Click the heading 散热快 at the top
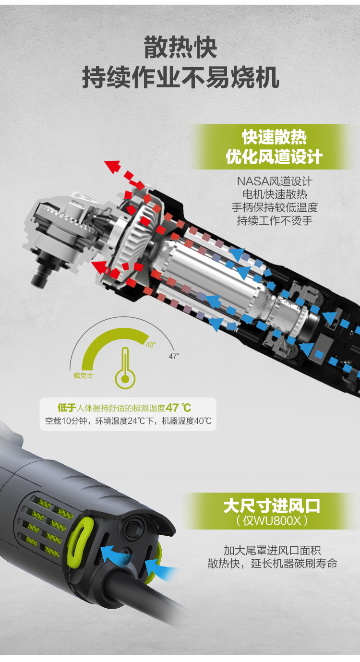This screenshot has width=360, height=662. coord(180,48)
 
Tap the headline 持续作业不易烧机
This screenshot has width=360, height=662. coord(180,78)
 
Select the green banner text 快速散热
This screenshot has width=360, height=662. coord(274,138)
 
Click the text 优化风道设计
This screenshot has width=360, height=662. coord(274,157)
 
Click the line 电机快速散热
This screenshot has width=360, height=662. coord(275,194)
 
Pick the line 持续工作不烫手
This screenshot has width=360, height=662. coord(275,220)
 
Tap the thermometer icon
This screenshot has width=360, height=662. coord(125,368)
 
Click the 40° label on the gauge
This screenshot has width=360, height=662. coord(151,345)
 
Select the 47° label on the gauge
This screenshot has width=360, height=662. coord(174,356)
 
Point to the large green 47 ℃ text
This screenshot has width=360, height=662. coord(179,408)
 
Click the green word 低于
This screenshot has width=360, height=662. coord(67,408)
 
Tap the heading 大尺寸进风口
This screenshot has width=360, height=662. coord(272,506)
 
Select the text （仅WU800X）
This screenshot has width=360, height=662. coord(272,520)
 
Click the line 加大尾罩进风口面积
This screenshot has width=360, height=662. coord(272,550)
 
